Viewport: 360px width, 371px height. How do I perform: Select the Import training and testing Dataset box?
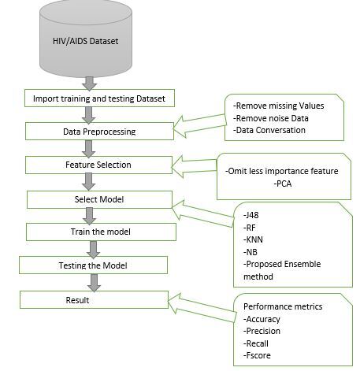(98, 98)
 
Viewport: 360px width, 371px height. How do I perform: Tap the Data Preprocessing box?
(98, 132)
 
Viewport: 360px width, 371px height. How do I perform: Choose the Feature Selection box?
(98, 165)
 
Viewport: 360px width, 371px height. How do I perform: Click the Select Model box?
(98, 199)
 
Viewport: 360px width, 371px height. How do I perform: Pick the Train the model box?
(98, 232)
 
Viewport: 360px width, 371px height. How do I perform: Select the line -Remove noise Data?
(272, 117)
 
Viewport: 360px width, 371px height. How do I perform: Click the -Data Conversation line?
(269, 130)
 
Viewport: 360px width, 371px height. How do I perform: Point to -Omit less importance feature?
(281, 171)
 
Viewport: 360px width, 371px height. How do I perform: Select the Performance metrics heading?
(282, 306)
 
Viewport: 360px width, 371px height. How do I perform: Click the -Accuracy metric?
(265, 319)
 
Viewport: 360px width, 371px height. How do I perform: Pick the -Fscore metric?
(261, 355)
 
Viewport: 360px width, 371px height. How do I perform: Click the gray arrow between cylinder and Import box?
(89, 83)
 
